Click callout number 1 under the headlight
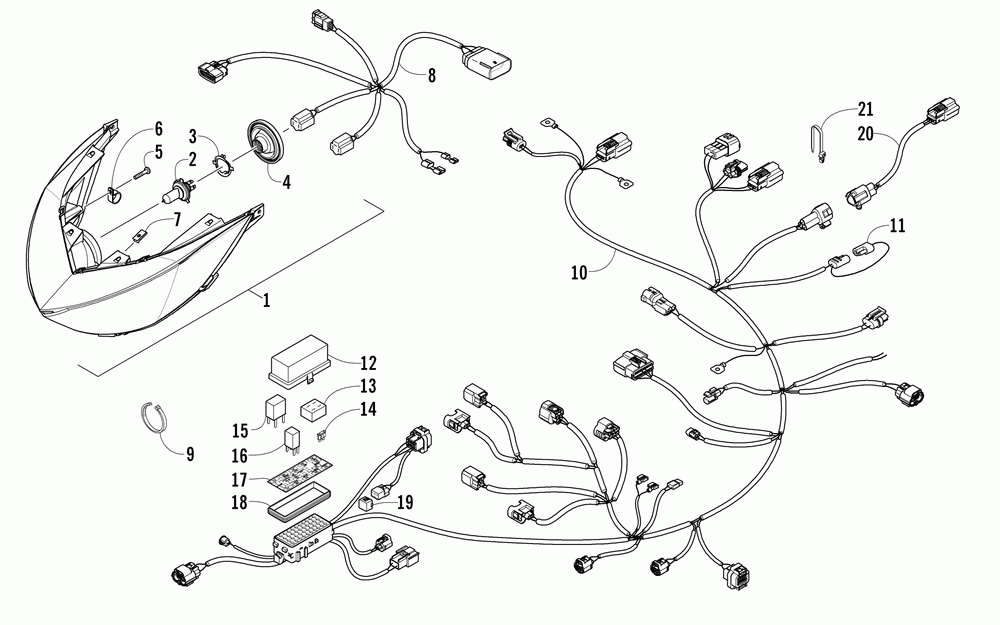click(x=265, y=300)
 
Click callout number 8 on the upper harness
click(x=432, y=75)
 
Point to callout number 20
click(x=865, y=132)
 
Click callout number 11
click(x=897, y=227)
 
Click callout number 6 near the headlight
click(x=157, y=128)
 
